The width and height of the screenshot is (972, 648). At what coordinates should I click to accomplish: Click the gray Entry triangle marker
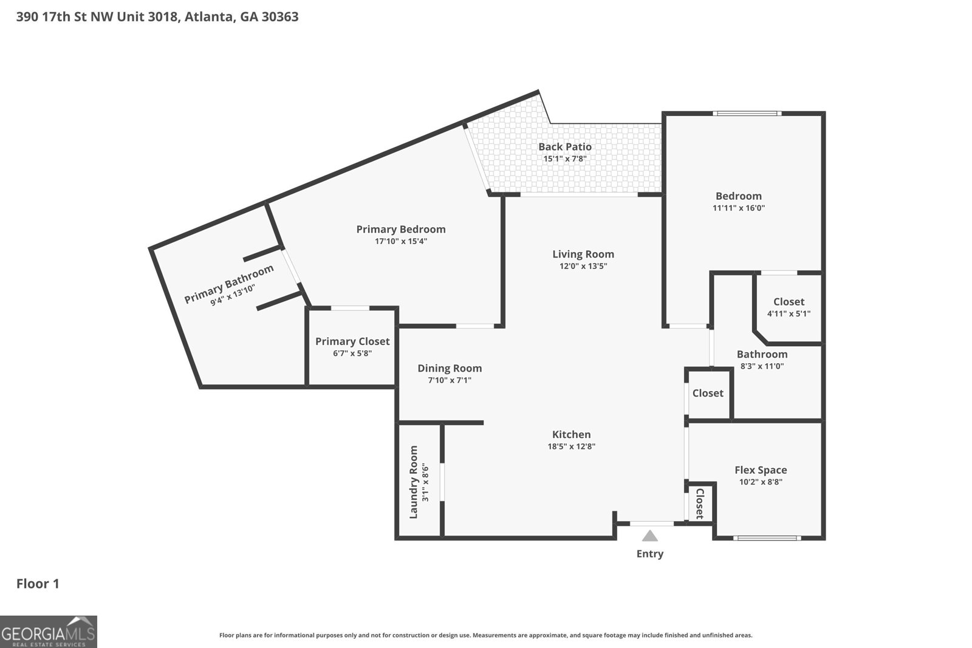649,536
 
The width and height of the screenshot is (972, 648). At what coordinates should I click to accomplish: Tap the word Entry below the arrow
649,554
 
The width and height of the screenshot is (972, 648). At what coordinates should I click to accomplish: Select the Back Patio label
565,146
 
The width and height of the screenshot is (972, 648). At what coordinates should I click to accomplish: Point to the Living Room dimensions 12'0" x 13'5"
583,266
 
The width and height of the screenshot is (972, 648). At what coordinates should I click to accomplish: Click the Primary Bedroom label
401,230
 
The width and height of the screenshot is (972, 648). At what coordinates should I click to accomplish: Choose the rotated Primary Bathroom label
228,284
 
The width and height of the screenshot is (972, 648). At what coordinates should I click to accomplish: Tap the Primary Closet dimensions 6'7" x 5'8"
352,353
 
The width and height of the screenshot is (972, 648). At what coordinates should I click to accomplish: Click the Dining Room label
450,368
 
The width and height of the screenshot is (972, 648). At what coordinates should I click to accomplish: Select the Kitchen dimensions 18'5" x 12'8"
572,446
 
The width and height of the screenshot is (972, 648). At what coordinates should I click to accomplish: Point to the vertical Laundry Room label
414,482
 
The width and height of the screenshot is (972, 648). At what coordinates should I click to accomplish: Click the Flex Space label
761,470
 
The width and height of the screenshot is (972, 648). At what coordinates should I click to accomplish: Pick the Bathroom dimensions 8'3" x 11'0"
762,366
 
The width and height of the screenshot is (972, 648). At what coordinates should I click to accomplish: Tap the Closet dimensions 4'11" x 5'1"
789,313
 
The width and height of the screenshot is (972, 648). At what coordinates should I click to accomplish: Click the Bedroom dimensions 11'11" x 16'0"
739,208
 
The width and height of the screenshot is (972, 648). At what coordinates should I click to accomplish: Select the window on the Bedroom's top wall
747,114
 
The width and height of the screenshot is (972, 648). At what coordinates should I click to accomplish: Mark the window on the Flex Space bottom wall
767,538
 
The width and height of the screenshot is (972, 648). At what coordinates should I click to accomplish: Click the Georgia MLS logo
48,632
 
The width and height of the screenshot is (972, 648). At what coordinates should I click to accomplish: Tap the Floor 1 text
38,584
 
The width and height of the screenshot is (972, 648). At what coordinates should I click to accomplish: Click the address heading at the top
157,17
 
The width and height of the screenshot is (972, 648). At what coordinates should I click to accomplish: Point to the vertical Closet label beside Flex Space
699,503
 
